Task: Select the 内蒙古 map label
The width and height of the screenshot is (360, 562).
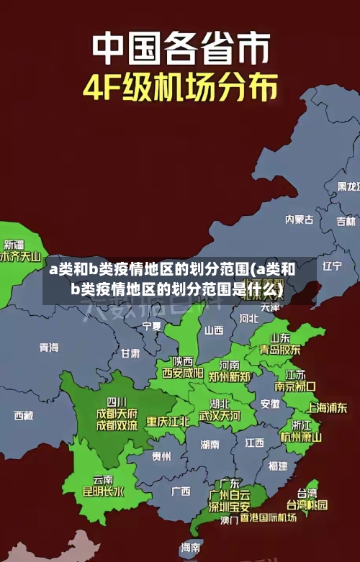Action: pyautogui.click(x=299, y=199)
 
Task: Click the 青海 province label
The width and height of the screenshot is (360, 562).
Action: pyautogui.click(x=49, y=348)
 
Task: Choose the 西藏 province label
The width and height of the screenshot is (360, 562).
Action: pyautogui.click(x=23, y=415)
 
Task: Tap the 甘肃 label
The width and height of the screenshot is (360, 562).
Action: pyautogui.click(x=130, y=353)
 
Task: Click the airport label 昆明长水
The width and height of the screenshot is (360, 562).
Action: pyautogui.click(x=104, y=491)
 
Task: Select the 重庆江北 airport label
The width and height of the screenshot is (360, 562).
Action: pyautogui.click(x=168, y=420)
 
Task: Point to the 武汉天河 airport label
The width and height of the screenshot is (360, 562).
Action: pyautogui.click(x=220, y=416)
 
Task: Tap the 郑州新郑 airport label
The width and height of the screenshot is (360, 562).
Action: pyautogui.click(x=230, y=376)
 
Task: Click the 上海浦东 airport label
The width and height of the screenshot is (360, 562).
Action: pyautogui.click(x=327, y=407)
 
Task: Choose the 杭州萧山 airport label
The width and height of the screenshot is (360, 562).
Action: pyautogui.click(x=302, y=436)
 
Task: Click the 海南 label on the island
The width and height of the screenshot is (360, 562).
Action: pyautogui.click(x=191, y=547)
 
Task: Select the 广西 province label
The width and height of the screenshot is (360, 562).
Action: pyautogui.click(x=181, y=491)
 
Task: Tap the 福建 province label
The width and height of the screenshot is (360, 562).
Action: pyautogui.click(x=277, y=466)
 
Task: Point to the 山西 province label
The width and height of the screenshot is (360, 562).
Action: pyautogui.click(x=214, y=331)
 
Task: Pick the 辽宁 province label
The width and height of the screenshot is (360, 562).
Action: pyautogui.click(x=332, y=266)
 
